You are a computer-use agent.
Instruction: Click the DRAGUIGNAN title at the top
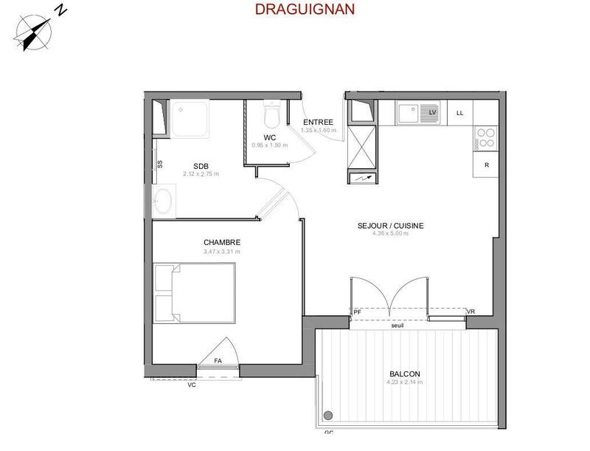click(294, 10)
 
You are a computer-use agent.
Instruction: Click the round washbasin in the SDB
click(162, 200)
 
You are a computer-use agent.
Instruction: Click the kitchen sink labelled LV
click(417, 113)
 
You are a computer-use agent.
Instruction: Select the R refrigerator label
click(486, 165)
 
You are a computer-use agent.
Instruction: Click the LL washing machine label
click(460, 113)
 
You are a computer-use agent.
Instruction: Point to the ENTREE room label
click(318, 123)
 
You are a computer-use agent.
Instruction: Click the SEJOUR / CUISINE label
click(390, 226)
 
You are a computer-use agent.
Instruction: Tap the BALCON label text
click(405, 374)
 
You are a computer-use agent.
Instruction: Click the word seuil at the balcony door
click(399, 324)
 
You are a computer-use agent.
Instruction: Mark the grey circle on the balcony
click(328, 415)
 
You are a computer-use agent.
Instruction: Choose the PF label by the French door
click(357, 313)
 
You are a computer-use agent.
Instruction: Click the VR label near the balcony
click(471, 313)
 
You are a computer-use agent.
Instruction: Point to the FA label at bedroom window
click(218, 360)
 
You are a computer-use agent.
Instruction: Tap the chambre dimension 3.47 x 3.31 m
click(222, 252)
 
